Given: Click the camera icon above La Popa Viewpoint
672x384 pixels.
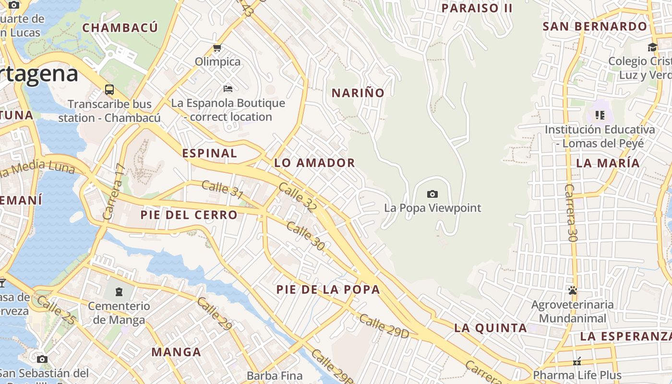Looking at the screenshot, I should pyautogui.click(x=432, y=194).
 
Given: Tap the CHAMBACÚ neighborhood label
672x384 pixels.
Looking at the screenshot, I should pyautogui.click(x=120, y=28).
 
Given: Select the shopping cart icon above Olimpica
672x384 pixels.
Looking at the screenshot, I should pyautogui.click(x=217, y=48).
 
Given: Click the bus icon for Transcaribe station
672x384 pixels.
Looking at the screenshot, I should pyautogui.click(x=109, y=90).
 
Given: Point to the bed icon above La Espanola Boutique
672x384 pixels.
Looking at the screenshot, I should pyautogui.click(x=228, y=89).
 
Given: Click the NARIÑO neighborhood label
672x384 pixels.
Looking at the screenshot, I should pyautogui.click(x=358, y=93).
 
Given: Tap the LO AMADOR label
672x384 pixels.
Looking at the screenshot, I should pyautogui.click(x=314, y=163).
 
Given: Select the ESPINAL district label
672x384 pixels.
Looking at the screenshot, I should pyautogui.click(x=210, y=153).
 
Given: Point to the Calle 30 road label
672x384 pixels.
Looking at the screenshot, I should pyautogui.click(x=305, y=236).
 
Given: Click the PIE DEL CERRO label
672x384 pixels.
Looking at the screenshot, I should pyautogui.click(x=189, y=215).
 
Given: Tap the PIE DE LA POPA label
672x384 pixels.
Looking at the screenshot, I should pyautogui.click(x=328, y=289).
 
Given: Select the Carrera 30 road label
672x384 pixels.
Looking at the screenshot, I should pyautogui.click(x=571, y=212).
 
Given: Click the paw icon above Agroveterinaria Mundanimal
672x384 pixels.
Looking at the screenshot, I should pyautogui.click(x=572, y=290).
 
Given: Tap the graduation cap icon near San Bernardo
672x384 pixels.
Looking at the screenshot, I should pyautogui.click(x=652, y=47).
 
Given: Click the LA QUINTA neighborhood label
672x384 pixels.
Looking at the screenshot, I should pyautogui.click(x=490, y=328).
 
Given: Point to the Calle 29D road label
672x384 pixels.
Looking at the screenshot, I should pyautogui.click(x=384, y=326).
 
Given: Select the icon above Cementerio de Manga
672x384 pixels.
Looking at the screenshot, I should pyautogui.click(x=119, y=291).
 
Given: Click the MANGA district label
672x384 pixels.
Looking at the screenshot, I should pyautogui.click(x=176, y=352).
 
